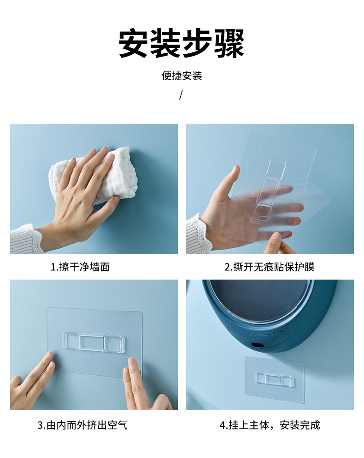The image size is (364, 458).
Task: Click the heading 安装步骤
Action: click(x=182, y=44)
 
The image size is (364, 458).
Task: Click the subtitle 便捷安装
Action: click(x=182, y=76)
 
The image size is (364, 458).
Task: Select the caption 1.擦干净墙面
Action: click(x=80, y=267)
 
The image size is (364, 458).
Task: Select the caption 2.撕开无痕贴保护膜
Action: click(x=269, y=267)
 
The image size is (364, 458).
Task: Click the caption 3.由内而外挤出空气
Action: click(x=82, y=425)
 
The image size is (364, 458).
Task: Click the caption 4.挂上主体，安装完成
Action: click(x=269, y=425)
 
